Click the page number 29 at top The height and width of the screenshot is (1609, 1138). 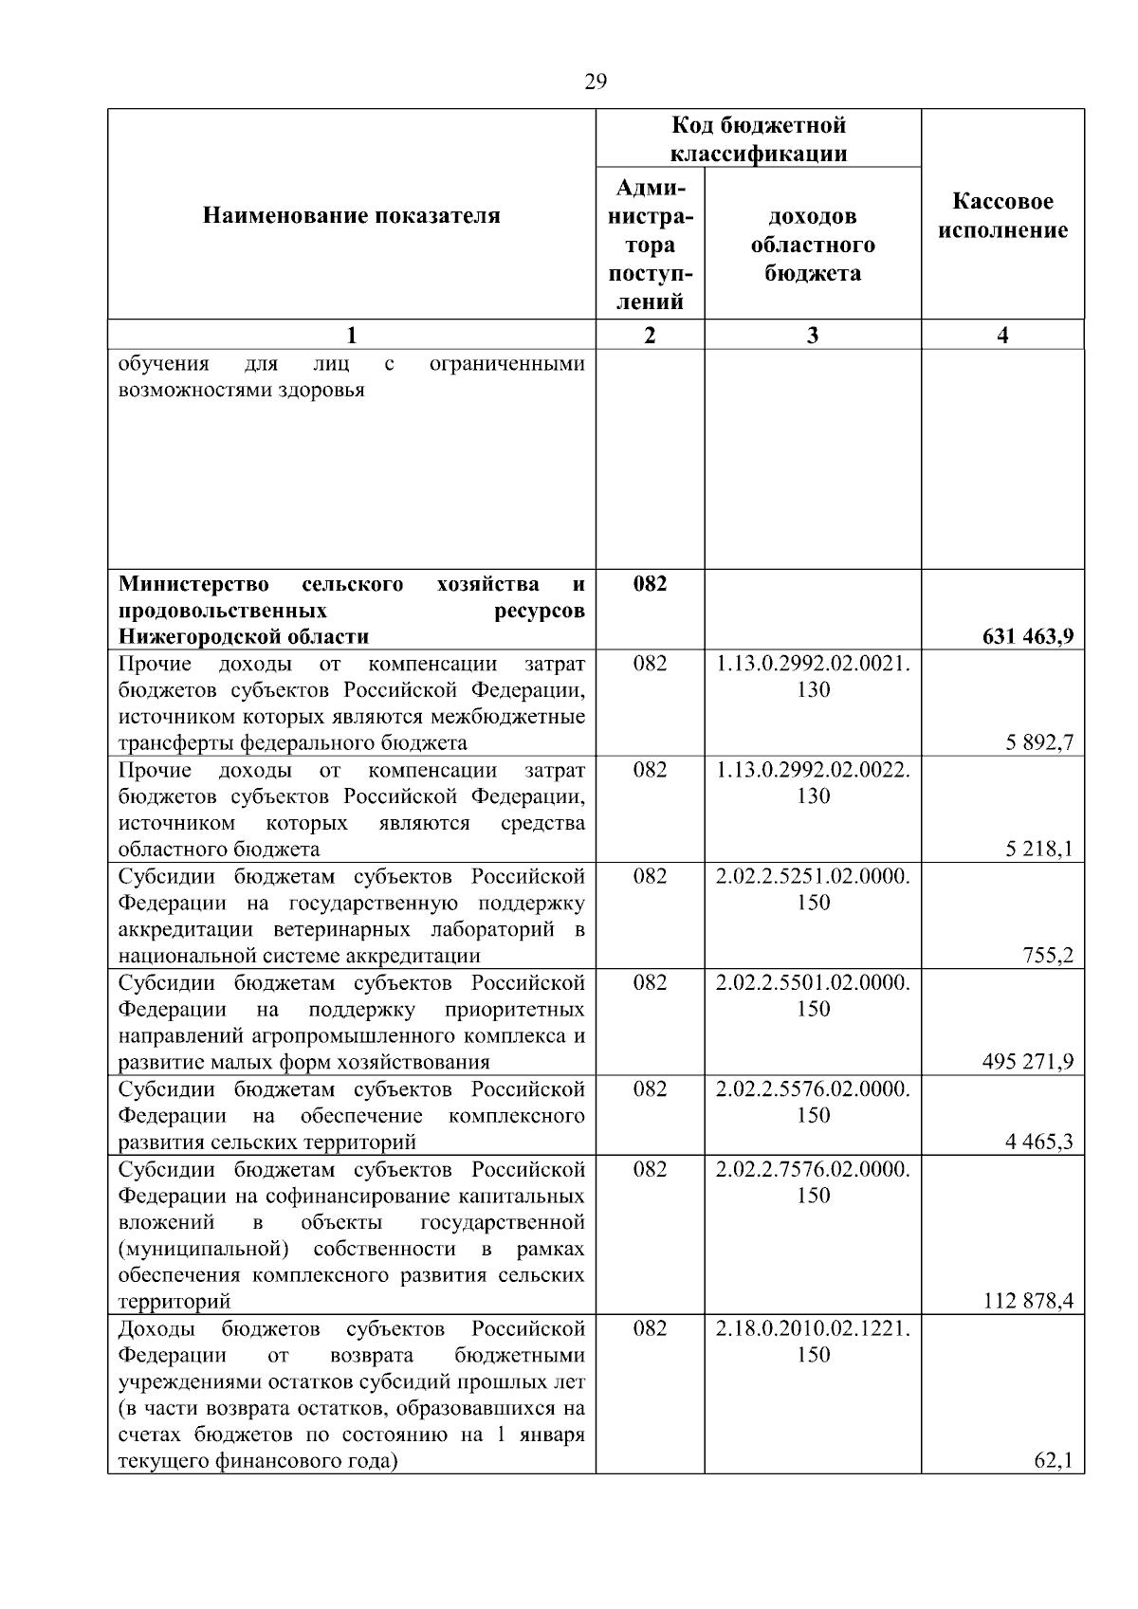(595, 82)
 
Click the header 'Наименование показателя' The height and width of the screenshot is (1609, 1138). (352, 216)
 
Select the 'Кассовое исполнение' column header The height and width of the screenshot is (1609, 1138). (1003, 216)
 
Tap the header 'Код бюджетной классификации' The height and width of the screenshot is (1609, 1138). (759, 139)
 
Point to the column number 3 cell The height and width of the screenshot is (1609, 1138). (813, 335)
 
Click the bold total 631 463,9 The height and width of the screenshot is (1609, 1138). (1028, 637)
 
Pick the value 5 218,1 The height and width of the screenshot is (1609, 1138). (1039, 850)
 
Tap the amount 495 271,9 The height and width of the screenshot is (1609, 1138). (1028, 1062)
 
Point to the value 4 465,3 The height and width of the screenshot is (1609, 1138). (1039, 1142)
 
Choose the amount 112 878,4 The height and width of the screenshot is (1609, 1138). (1028, 1301)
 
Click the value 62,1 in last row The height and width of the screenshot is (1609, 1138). (1053, 1461)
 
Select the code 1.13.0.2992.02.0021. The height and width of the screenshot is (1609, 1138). (813, 664)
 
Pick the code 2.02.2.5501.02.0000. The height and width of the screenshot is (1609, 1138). (813, 982)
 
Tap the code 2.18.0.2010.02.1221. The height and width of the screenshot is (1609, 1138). (813, 1328)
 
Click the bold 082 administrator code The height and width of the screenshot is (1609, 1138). (650, 584)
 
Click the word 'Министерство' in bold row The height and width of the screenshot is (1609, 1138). (193, 584)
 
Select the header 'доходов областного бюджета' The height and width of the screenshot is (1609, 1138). (813, 245)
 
